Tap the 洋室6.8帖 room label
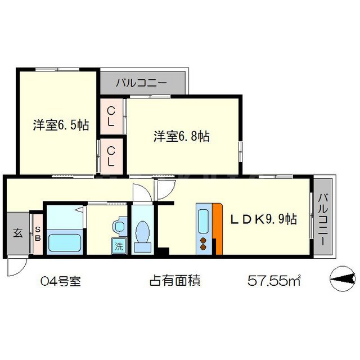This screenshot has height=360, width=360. (x=182, y=136)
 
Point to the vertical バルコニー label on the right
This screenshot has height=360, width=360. (x=323, y=219)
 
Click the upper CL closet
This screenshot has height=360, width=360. (x=111, y=116)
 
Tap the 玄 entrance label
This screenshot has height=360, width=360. (x=18, y=233)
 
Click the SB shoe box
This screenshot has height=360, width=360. (x=38, y=233)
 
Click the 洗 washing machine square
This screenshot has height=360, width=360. (x=119, y=246)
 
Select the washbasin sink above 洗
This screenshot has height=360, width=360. (x=119, y=226)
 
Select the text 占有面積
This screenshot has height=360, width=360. (x=175, y=280)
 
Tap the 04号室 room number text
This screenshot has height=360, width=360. (x=61, y=280)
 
